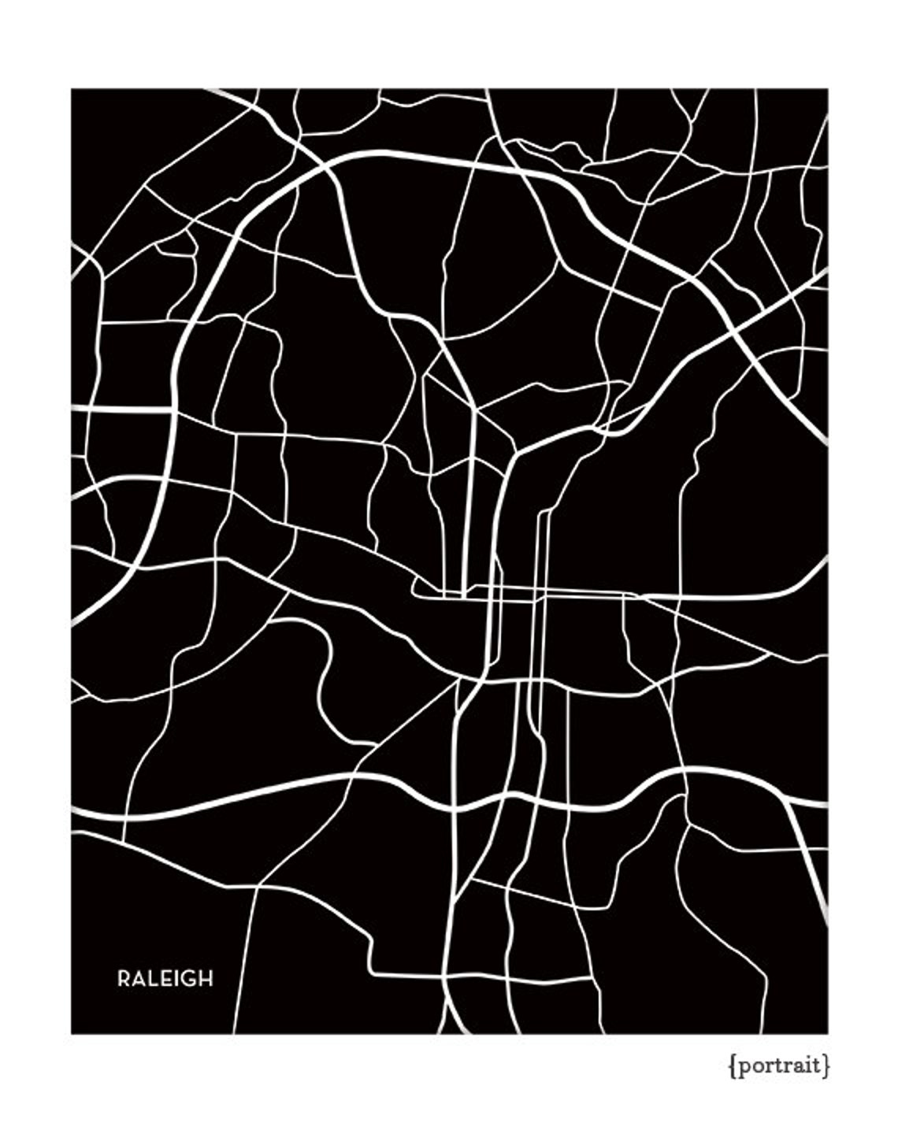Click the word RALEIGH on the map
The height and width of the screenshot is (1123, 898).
pyautogui.click(x=165, y=979)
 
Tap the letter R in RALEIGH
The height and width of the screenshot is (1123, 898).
pyautogui.click(x=124, y=979)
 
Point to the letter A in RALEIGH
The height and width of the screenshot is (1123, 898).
pyautogui.click(x=138, y=979)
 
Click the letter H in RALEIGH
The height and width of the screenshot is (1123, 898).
pyautogui.click(x=205, y=979)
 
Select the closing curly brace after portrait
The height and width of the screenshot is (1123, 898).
pyautogui.click(x=826, y=1066)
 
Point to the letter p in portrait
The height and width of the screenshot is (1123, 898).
pyautogui.click(x=744, y=1068)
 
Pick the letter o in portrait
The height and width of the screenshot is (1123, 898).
pyautogui.click(x=758, y=1066)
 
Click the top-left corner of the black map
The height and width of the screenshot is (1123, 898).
pyautogui.click(x=72, y=89)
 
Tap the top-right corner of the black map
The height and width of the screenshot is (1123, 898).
pyautogui.click(x=827, y=89)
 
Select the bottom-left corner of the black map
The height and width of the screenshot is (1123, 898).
pyautogui.click(x=72, y=1032)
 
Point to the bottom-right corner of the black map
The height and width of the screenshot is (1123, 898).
pyautogui.click(x=827, y=1032)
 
